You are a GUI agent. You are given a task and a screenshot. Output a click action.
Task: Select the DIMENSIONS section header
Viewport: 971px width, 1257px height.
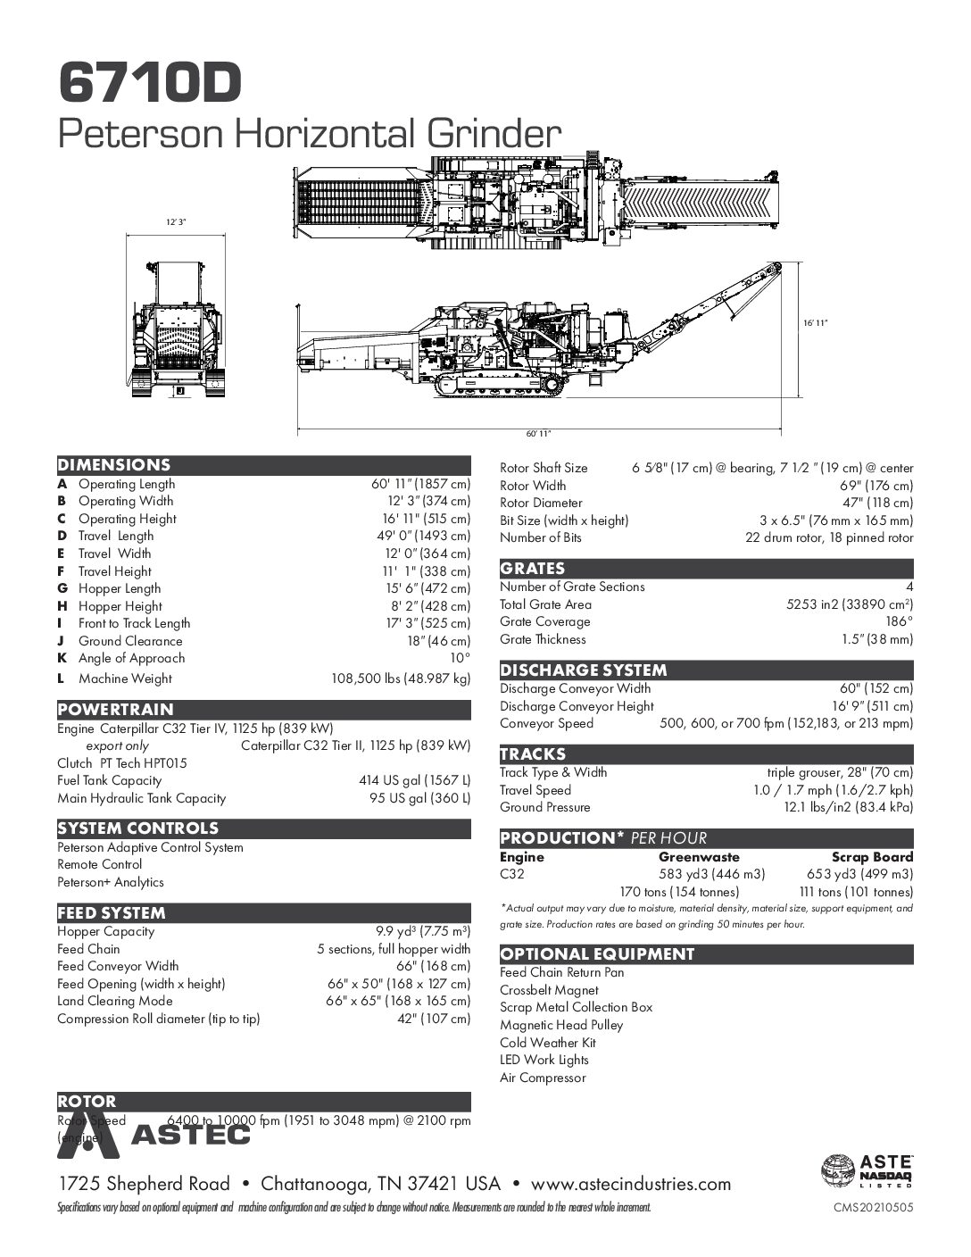point(113,465)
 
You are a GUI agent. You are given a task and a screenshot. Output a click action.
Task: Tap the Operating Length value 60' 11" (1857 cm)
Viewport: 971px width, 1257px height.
point(420,484)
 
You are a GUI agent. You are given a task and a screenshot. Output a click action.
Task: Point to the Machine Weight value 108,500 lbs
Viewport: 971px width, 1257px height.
point(401,678)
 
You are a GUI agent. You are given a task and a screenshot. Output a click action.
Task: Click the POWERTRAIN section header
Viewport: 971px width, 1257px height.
point(115,710)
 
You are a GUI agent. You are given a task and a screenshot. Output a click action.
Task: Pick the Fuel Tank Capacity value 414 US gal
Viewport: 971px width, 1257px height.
point(414,780)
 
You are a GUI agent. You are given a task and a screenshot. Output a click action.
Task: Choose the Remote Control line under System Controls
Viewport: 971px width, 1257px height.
point(99,864)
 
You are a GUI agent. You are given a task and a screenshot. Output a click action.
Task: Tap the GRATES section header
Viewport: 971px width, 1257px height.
point(533,568)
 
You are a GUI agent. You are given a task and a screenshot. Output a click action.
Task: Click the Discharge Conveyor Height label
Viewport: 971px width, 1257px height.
point(577,706)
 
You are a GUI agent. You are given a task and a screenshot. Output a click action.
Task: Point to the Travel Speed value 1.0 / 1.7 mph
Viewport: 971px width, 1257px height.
point(833,790)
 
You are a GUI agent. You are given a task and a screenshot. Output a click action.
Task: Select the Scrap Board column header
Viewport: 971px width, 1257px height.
point(872,857)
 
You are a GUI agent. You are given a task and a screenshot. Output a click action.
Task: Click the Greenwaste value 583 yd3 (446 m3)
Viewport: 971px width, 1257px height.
point(711,874)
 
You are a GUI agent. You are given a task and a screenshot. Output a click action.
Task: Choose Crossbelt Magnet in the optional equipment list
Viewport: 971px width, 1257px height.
point(549,990)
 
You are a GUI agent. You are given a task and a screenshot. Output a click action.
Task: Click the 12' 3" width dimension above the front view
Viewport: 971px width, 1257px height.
point(176,221)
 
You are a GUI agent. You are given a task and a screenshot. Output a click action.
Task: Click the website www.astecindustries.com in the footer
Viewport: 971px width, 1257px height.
point(630,1184)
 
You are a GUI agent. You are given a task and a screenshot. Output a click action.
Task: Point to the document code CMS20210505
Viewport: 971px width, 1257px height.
point(872,1207)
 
